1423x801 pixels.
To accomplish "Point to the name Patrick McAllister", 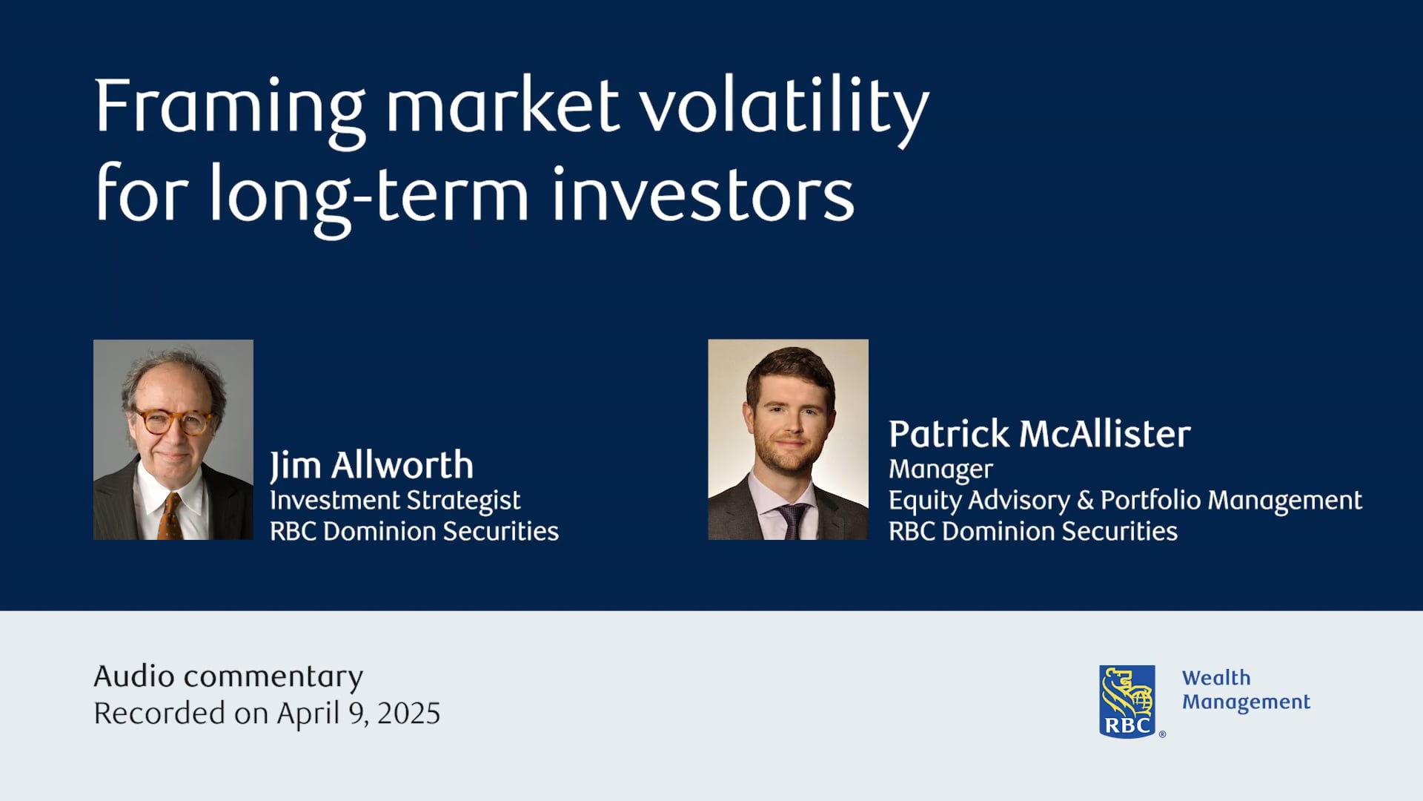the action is [1040, 434].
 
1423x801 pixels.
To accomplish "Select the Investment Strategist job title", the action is [395, 501].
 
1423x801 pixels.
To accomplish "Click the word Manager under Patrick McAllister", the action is [941, 470].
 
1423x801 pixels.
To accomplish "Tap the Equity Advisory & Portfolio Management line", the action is [1125, 501].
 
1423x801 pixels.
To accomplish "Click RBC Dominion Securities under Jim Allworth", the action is [414, 531].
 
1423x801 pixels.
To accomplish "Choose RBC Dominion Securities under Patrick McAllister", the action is [1033, 531].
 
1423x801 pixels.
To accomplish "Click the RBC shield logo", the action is [1127, 702].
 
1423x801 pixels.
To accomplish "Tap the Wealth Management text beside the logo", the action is [1246, 690].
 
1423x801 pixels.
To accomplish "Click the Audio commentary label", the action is [228, 677].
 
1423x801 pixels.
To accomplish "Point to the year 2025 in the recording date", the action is [408, 713].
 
